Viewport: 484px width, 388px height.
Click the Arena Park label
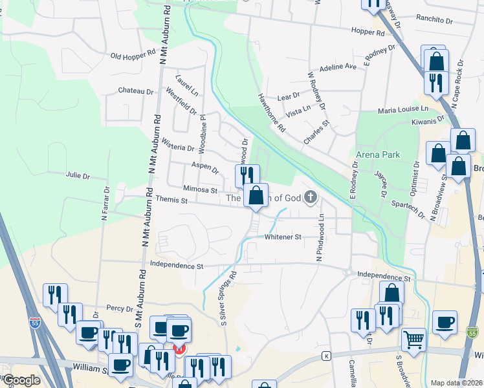point(378,155)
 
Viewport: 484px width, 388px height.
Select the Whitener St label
point(283,237)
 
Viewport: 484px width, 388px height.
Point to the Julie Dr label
point(78,175)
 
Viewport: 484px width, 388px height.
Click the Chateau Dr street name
point(135,91)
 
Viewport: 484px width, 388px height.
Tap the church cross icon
point(311,197)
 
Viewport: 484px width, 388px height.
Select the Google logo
point(21,380)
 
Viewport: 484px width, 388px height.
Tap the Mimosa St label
point(200,190)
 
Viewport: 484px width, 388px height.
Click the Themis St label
point(171,200)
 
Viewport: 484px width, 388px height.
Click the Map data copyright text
point(456,382)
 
